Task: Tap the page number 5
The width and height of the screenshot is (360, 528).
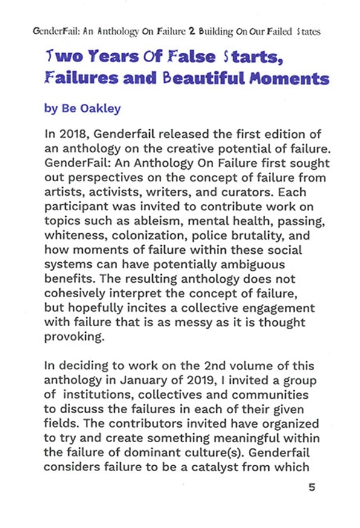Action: pyautogui.click(x=312, y=488)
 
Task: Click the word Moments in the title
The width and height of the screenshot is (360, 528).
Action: pyautogui.click(x=295, y=79)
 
